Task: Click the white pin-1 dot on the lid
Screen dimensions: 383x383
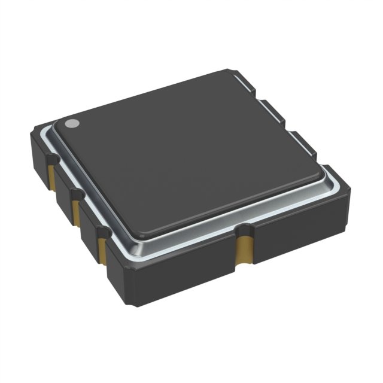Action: click(71, 124)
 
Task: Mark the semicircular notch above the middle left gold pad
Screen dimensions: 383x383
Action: click(76, 193)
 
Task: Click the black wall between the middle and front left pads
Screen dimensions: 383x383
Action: click(90, 230)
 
